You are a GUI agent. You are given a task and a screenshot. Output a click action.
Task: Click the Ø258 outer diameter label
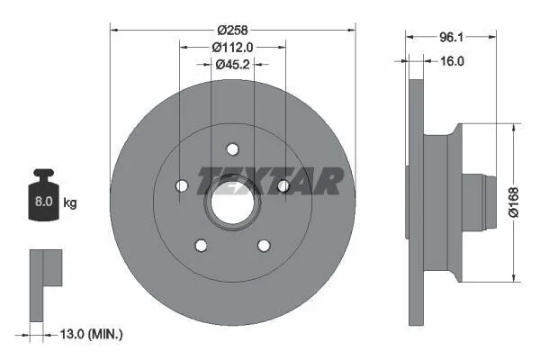coord(232,31)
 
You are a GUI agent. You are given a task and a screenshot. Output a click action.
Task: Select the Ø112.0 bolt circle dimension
coord(232,47)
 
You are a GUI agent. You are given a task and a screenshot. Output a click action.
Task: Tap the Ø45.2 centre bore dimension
coord(232,64)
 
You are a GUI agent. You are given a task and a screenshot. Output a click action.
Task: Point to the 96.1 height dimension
coord(451,37)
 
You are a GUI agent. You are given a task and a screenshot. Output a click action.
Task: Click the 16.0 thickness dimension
coord(452,61)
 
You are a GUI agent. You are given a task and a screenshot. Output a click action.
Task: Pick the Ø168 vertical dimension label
coord(514,202)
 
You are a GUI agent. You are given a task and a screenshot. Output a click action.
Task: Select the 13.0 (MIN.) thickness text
coord(91,334)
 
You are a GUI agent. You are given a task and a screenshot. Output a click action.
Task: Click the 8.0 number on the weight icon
coord(44,202)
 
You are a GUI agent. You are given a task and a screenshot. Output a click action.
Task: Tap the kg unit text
coord(70,202)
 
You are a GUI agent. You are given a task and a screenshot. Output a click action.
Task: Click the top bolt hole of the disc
coord(232,149)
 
